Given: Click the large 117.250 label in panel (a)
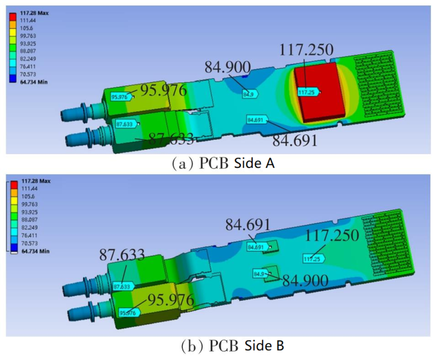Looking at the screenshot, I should (x=306, y=50).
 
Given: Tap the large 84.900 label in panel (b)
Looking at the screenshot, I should (x=305, y=280).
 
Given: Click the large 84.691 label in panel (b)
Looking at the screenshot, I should (x=248, y=225).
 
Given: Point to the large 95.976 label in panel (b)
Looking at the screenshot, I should (x=170, y=299).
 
